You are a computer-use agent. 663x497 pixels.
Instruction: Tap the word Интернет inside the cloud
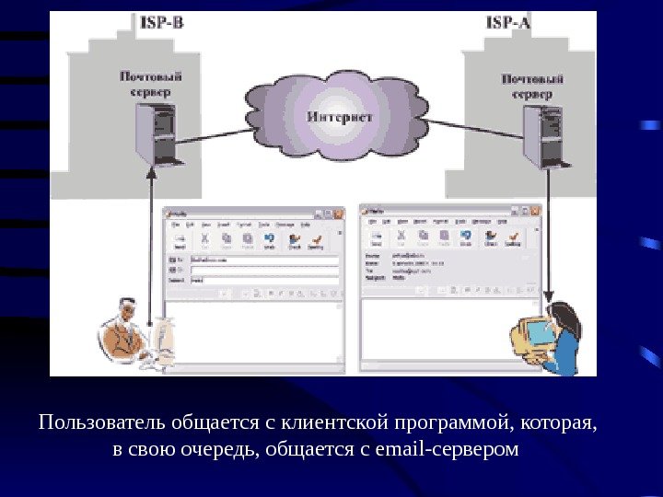point(340,117)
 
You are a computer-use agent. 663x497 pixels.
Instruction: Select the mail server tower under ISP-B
point(154,133)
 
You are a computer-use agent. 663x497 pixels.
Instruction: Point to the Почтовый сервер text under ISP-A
point(532,87)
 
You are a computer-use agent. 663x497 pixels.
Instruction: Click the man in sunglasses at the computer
point(125,333)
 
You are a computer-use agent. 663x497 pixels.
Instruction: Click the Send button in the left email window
point(180,242)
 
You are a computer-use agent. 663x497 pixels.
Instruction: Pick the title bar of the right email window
point(446,211)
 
